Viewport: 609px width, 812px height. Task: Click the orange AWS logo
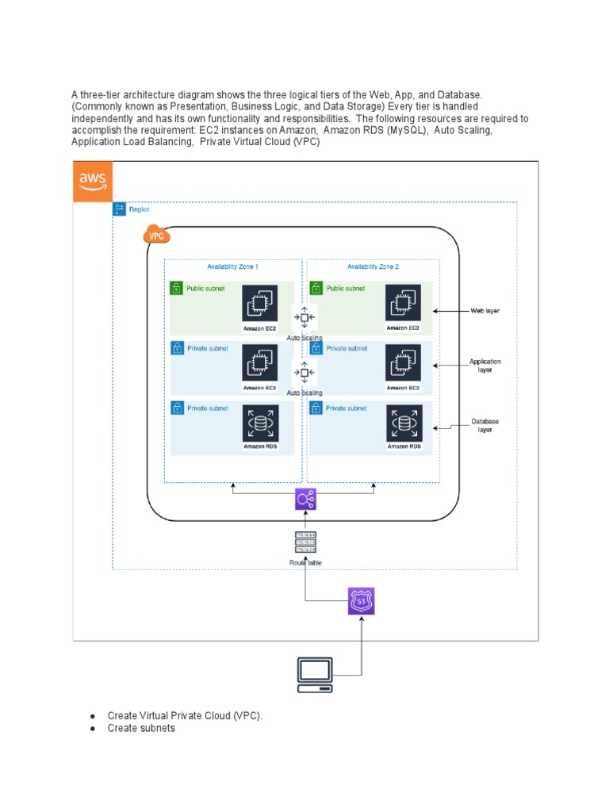click(x=93, y=182)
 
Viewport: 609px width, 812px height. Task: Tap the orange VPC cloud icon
click(x=157, y=236)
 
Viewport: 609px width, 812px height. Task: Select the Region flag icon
click(x=120, y=209)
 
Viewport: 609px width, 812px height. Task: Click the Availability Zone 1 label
click(x=232, y=267)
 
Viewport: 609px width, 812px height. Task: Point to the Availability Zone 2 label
click(x=373, y=267)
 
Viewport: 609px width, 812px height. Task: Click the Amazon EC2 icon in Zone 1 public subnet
click(x=260, y=304)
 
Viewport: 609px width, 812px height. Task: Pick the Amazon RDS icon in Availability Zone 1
click(x=260, y=424)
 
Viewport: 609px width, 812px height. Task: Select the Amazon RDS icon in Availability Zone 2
click(x=404, y=424)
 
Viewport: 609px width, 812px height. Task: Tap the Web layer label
click(x=485, y=312)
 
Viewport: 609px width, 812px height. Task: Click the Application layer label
click(x=485, y=366)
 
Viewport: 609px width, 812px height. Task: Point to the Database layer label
click(x=485, y=425)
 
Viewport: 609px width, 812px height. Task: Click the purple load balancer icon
click(x=305, y=499)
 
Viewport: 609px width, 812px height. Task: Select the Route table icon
click(x=305, y=542)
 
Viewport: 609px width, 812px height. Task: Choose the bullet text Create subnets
click(x=141, y=728)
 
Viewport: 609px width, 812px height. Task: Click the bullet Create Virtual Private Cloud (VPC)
click(x=185, y=716)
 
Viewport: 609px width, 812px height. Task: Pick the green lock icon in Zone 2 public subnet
click(x=316, y=289)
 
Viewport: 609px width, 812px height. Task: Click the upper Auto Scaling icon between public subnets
click(x=304, y=318)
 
